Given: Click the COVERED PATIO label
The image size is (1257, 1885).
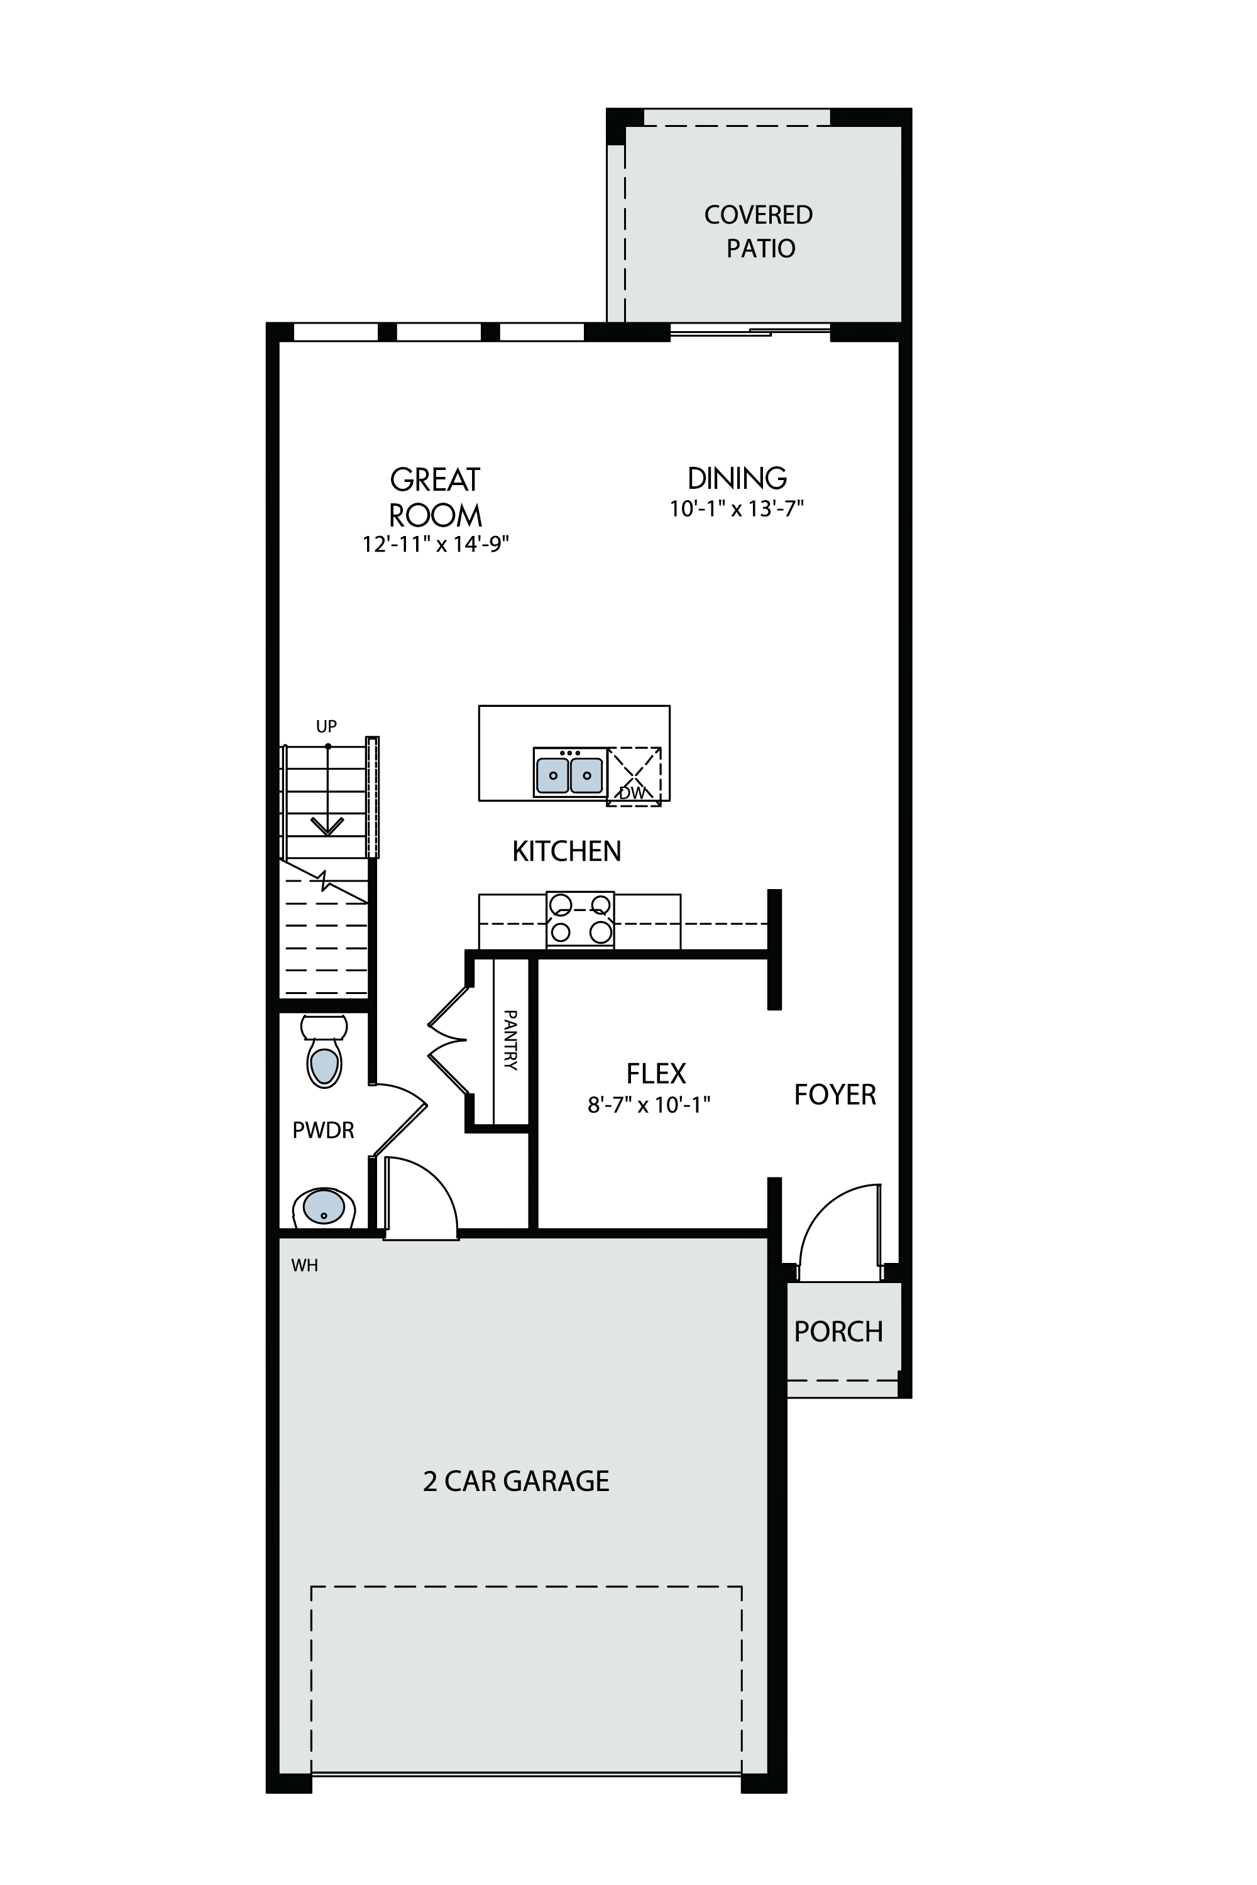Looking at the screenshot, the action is tap(759, 232).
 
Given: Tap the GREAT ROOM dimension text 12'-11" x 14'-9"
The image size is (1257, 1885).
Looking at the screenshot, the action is tap(436, 544).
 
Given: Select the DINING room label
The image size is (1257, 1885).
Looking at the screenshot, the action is tap(737, 478).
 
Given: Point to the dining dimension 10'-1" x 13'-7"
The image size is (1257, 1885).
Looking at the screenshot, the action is tap(737, 508).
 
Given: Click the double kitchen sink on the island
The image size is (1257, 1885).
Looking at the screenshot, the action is tap(570, 773).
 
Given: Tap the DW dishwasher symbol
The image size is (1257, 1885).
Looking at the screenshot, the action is tap(634, 777).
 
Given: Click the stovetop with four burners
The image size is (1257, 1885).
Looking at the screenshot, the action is tap(580, 919).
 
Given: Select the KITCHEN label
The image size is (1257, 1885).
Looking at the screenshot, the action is tap(567, 851).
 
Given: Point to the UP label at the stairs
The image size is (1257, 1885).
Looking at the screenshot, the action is tap(326, 727).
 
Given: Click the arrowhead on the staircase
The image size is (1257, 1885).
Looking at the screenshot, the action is tap(327, 826).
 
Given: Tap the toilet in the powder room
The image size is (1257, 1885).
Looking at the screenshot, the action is tap(325, 1051).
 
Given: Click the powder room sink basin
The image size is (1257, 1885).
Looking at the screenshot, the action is tap(324, 1208).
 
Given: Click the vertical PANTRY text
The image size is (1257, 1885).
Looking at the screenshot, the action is tap(510, 1041).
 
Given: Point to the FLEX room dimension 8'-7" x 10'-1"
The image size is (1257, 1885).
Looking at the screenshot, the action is tap(649, 1105).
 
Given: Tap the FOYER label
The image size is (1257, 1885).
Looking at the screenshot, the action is tap(835, 1095).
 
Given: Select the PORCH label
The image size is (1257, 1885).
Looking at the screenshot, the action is tap(838, 1332).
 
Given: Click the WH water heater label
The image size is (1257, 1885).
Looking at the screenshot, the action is tap(305, 1265).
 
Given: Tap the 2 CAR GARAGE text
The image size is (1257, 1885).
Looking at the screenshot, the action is tap(516, 1481).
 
